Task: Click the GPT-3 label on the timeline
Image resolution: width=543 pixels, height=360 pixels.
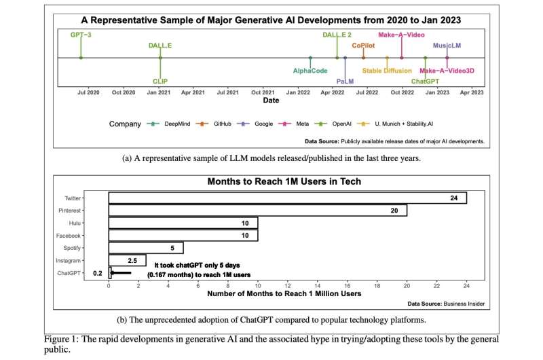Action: [x=80, y=33]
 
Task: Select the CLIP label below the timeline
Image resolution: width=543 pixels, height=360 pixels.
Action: [x=160, y=81]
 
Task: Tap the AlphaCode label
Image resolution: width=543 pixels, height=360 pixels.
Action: [x=310, y=71]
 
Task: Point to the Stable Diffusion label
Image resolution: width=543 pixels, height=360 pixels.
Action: [x=387, y=71]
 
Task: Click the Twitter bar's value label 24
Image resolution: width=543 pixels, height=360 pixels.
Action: [x=453, y=198]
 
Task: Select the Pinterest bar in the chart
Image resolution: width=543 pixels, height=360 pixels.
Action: [x=258, y=211]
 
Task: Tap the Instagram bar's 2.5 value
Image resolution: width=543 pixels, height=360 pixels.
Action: [x=133, y=261]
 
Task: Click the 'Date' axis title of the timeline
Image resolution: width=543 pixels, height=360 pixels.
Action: [x=271, y=101]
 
